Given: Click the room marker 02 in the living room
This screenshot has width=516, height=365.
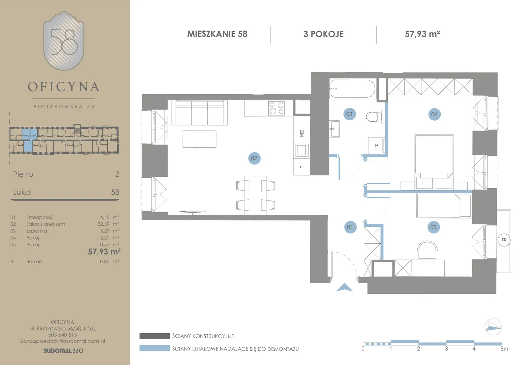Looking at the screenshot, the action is (x=254, y=158).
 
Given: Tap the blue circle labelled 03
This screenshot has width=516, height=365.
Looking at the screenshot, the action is (x=349, y=114).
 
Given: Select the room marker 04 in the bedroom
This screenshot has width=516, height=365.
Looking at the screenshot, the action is (x=434, y=114).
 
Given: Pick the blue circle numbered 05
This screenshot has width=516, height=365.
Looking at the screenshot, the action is (x=433, y=227).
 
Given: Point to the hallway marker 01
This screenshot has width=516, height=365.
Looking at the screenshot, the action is (x=350, y=227).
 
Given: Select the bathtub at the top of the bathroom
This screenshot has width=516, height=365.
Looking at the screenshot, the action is (x=353, y=89).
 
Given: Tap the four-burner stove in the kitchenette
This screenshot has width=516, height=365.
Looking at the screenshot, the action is (x=277, y=108).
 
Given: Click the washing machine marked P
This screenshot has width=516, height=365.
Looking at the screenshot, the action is (x=377, y=145).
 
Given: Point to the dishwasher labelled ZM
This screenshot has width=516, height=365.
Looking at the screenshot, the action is (x=301, y=133).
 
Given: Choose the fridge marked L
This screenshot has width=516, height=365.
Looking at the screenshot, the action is (x=302, y=167).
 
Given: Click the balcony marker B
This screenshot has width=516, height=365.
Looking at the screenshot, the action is (x=504, y=240).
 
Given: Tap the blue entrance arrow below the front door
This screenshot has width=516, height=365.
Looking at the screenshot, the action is (x=344, y=287).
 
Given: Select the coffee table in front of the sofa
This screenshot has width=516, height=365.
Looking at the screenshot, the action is (x=200, y=139).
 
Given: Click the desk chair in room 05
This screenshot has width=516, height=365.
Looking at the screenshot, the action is (x=427, y=250).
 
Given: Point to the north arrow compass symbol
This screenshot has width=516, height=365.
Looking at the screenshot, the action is (x=493, y=327).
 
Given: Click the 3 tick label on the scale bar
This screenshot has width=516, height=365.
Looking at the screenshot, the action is (x=446, y=349).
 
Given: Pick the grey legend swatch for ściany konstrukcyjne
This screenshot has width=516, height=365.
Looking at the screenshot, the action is (x=155, y=336).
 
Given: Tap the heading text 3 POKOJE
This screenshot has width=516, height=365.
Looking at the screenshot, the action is (x=324, y=34).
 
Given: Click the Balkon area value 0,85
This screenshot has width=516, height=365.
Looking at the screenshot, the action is (x=105, y=262).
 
